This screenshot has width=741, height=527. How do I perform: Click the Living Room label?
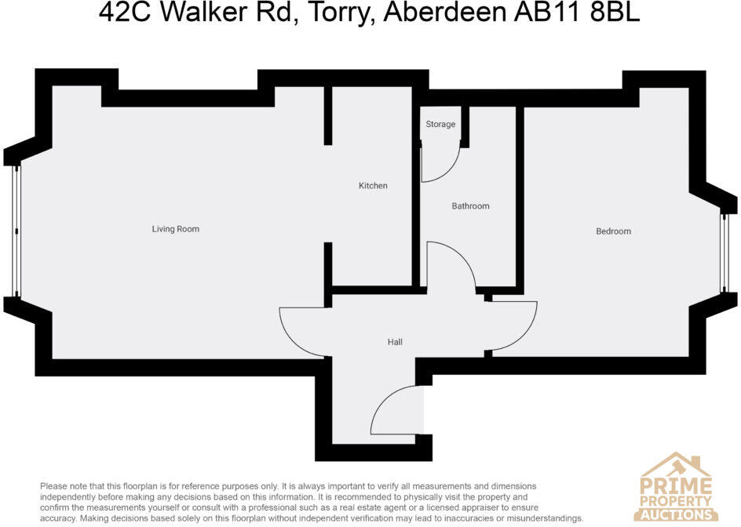coord(175,229)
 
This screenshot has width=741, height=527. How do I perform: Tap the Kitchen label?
coord(373,186)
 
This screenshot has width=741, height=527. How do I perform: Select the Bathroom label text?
coord(470,206)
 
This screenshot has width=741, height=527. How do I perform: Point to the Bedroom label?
coord(613,231)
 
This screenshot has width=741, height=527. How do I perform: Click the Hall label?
coord(395,342)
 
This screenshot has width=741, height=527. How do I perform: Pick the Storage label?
coord(440,124)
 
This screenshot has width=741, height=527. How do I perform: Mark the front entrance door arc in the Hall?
coord(384,402)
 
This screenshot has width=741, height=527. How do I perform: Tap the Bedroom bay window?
coord(724,253)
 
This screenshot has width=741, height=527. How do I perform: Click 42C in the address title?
coord(125,13)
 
